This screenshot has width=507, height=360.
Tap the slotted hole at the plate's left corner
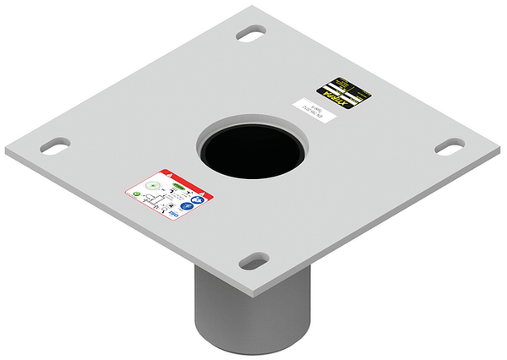(x=54, y=145)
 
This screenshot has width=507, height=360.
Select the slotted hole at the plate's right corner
(x=449, y=145)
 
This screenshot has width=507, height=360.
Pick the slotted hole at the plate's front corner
(x=253, y=261)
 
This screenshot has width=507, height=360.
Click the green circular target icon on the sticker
(x=152, y=185)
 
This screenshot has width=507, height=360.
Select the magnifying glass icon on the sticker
(x=163, y=210)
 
